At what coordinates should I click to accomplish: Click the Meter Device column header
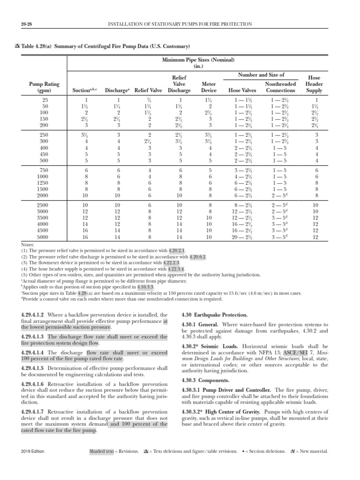(x=209, y=87)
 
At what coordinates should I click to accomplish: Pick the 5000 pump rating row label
(x=45, y=237)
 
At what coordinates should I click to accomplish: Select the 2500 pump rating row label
(x=45, y=205)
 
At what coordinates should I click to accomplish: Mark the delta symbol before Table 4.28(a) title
(x=17, y=46)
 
